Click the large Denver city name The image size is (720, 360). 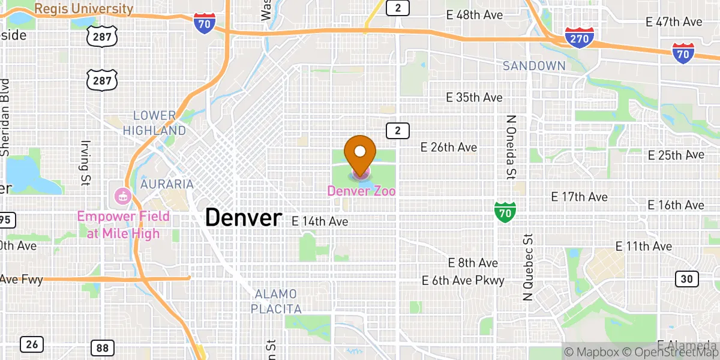243,217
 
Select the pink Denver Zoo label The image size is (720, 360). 361,191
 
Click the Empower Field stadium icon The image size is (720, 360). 123,195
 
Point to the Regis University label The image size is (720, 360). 83,9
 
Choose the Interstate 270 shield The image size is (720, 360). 580,37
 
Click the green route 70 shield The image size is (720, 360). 505,212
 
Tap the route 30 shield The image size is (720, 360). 686,278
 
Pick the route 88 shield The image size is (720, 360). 101,347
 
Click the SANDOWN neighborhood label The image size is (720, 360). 534,66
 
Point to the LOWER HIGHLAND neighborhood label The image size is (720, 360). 155,123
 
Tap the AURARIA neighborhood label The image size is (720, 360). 167,184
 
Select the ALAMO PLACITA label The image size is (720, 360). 276,301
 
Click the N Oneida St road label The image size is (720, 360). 511,148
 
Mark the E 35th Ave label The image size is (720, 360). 475,97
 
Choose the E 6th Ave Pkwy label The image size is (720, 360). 463,280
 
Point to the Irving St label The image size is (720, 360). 83,163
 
